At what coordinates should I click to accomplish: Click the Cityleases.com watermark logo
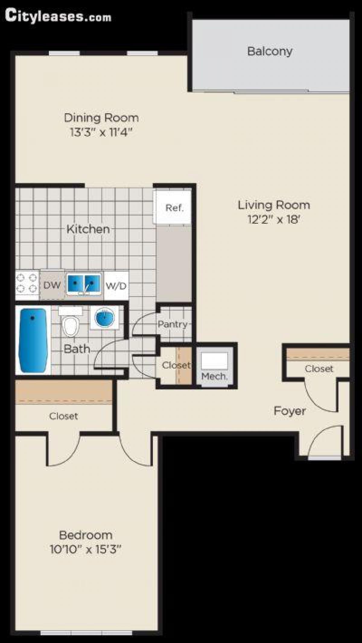pos(58,16)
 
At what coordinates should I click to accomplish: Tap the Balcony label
pos(270,51)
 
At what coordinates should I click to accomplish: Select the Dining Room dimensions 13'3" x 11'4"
pos(101,132)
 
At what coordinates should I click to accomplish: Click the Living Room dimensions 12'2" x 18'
pos(274,219)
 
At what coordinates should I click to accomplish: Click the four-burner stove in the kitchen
pos(27,284)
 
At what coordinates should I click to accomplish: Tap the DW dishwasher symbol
pos(52,285)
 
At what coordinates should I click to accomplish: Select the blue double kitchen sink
pos(84,284)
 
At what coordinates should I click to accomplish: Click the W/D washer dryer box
pos(116,286)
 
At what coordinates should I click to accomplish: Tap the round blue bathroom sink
pos(104,318)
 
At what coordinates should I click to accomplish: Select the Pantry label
pos(173,324)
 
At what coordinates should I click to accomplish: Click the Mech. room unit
pos(214,366)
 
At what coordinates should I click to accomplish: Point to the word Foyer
pos(289,411)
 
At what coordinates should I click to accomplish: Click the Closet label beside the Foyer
pos(319,369)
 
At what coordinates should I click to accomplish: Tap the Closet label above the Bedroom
pos(63,416)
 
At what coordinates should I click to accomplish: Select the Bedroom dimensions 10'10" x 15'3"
pos(86,549)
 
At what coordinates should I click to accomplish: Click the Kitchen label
pos(88,229)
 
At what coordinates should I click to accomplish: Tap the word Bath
pos(77,349)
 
